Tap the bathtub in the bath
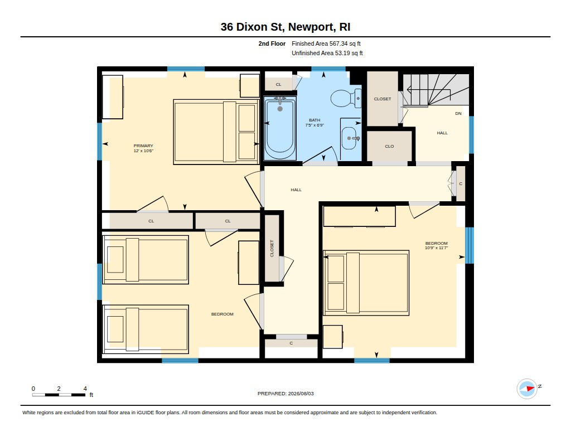[x=280, y=128]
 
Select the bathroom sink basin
[x=350, y=138]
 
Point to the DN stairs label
[x=458, y=114]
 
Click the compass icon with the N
[x=527, y=389]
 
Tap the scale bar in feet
[x=59, y=395]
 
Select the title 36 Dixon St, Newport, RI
[x=285, y=27]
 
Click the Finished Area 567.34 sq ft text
[x=326, y=43]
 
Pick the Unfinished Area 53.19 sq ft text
[x=327, y=53]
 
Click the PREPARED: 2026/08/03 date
[x=285, y=394]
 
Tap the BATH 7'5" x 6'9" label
[x=314, y=122]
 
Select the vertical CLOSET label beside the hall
[x=272, y=248]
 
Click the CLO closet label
[x=389, y=147]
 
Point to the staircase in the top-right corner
[x=436, y=90]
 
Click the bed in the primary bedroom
[x=216, y=132]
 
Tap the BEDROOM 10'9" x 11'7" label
[x=436, y=245]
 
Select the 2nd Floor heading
[x=272, y=43]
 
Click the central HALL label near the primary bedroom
[x=296, y=190]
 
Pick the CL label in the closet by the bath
[x=279, y=85]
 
